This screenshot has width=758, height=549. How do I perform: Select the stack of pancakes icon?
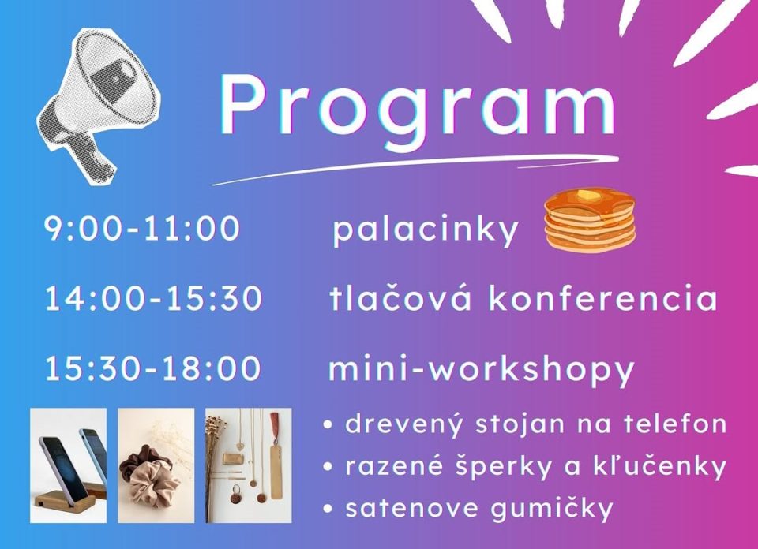[590, 220]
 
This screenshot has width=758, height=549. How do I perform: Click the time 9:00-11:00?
[141, 228]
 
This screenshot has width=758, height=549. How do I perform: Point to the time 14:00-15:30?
[153, 298]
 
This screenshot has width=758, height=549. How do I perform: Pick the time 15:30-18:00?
[152, 368]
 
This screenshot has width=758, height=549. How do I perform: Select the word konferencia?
[602, 297]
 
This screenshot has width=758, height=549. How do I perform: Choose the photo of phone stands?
[68, 465]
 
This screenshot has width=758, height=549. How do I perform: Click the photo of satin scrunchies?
[156, 465]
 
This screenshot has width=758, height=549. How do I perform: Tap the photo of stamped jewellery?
[249, 465]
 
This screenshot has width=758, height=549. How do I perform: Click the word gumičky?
[552, 509]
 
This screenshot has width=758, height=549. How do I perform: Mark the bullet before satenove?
[328, 509]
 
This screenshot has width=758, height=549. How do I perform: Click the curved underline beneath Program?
[416, 168]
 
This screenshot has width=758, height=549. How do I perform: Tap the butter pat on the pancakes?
[587, 195]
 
